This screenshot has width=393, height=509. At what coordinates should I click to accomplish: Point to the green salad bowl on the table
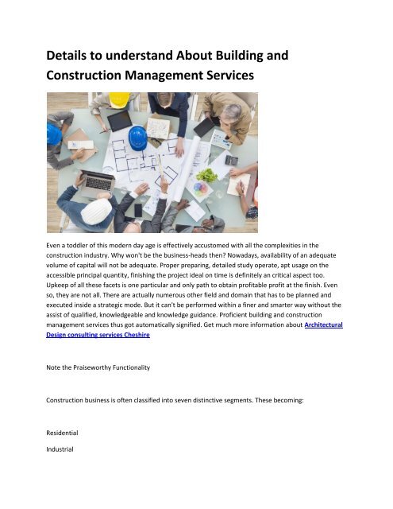pyautogui.click(x=206, y=174)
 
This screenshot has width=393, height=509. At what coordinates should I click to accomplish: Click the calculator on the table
pyautogui.click(x=231, y=159)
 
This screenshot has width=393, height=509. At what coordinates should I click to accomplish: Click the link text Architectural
pyautogui.click(x=323, y=324)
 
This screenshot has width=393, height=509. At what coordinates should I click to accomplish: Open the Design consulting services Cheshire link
pyautogui.click(x=98, y=335)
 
